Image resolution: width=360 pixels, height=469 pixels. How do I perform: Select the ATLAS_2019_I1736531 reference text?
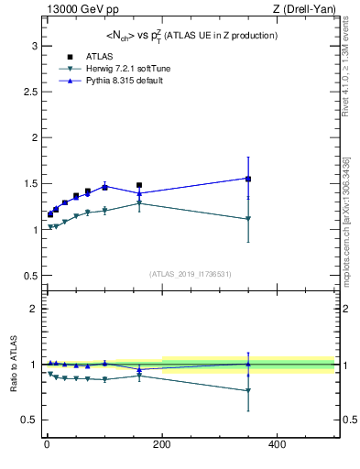point(191,274)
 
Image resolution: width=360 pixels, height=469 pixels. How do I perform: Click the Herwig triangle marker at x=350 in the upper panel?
point(248,219)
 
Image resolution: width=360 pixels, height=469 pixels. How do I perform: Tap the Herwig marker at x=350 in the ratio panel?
point(248,390)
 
